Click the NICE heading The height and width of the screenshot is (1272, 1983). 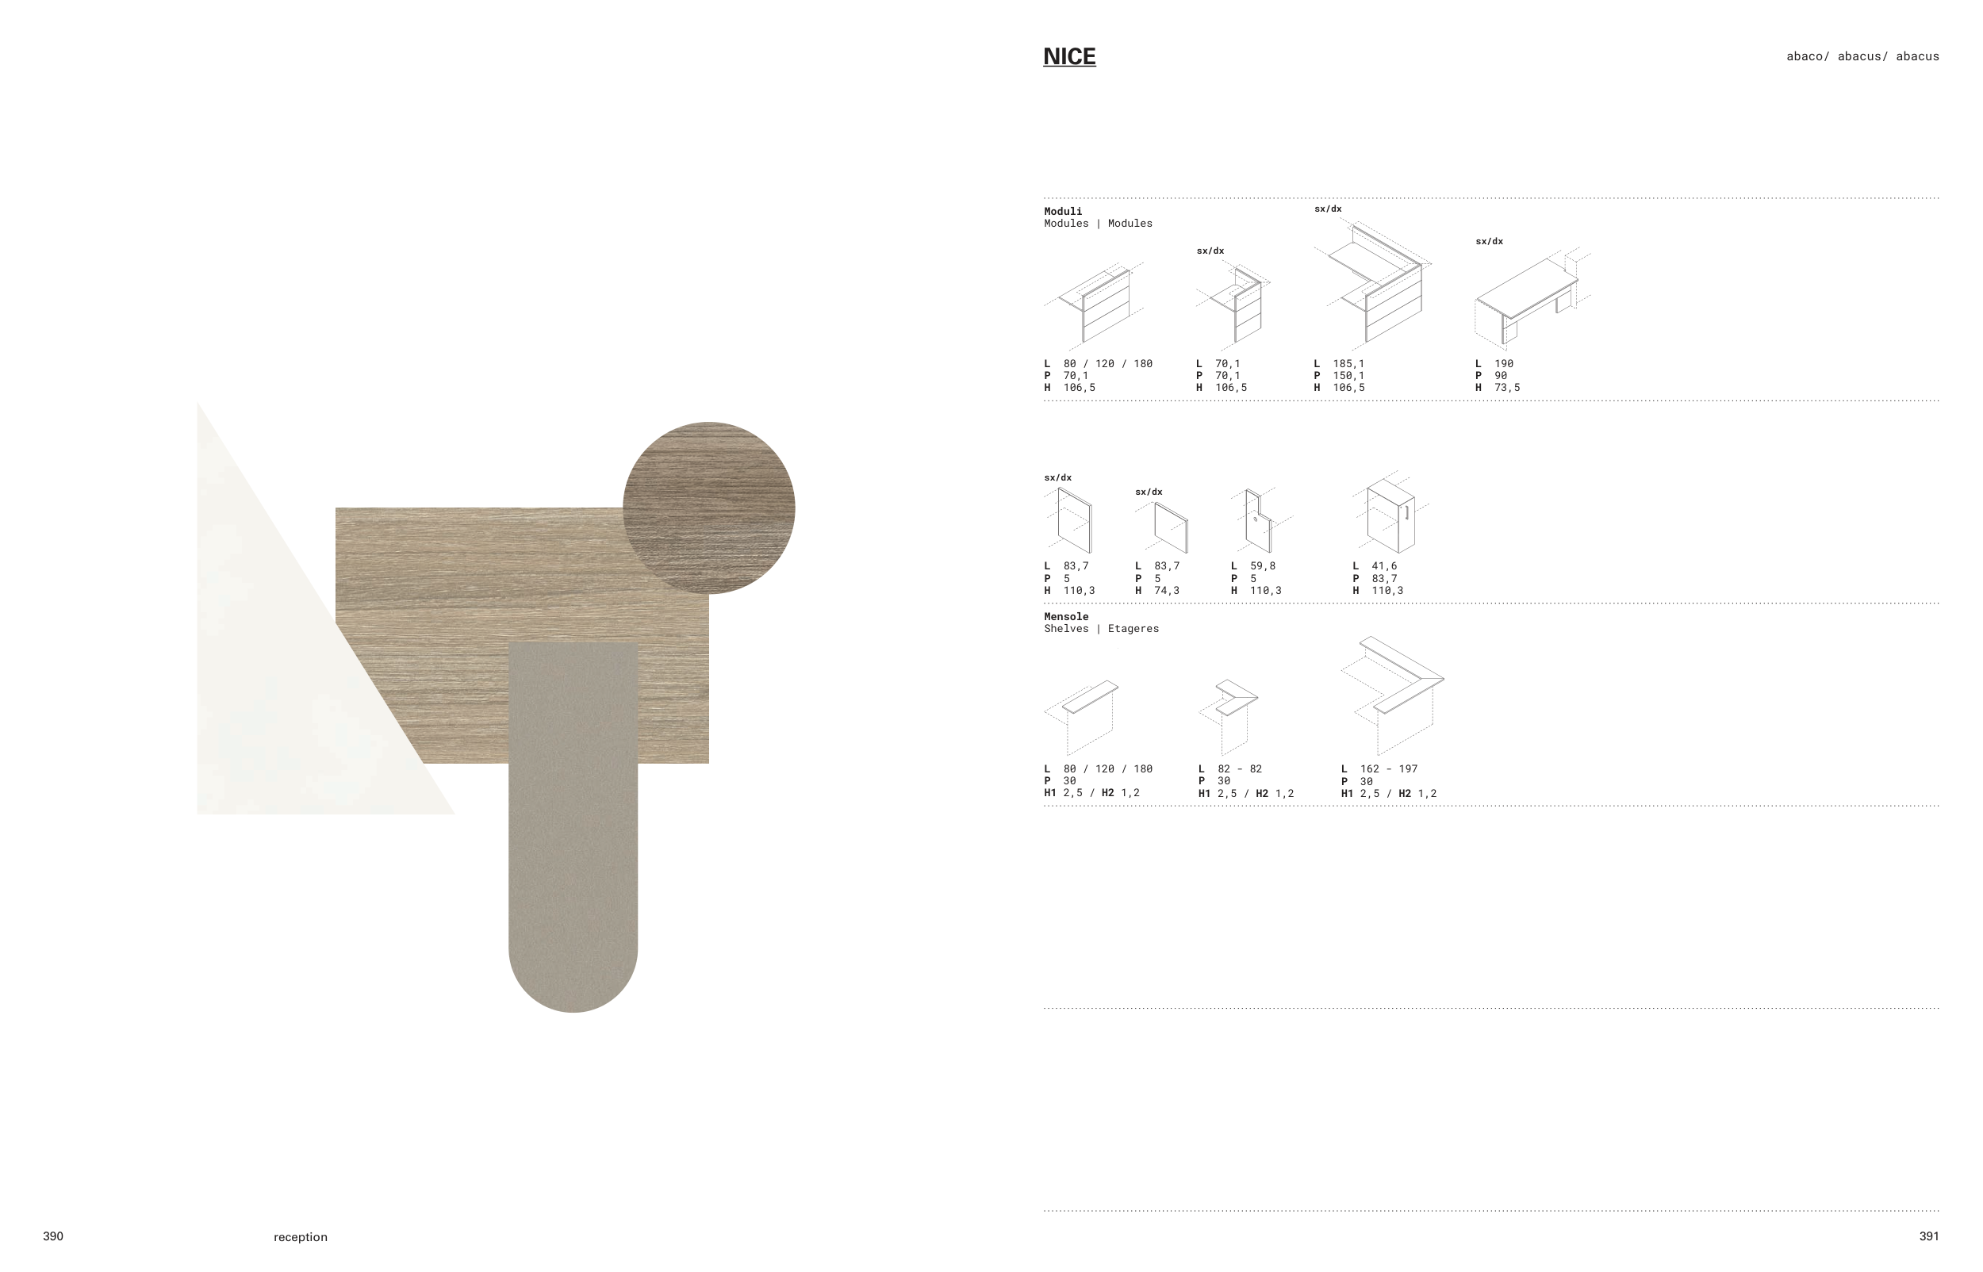click(x=1068, y=56)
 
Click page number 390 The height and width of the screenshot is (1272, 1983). click(x=53, y=1236)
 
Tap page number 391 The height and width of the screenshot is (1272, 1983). click(x=1928, y=1236)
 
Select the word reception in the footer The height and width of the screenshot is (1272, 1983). click(x=301, y=1236)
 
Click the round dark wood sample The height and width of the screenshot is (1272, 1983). click(x=708, y=508)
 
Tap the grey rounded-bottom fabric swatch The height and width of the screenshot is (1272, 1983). click(x=573, y=826)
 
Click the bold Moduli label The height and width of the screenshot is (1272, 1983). click(x=1063, y=212)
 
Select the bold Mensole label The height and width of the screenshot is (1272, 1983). click(x=1066, y=616)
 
